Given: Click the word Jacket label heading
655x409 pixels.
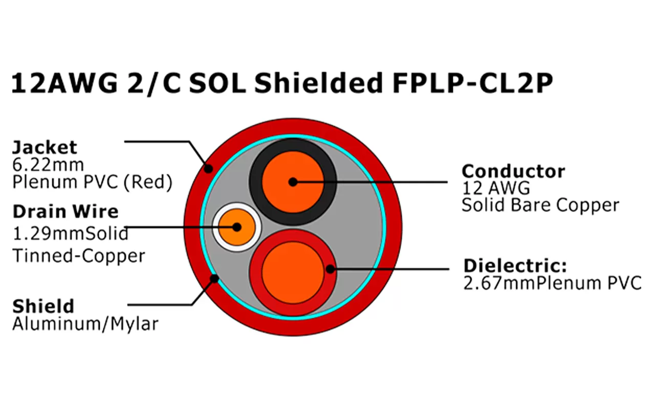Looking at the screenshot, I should (45, 148).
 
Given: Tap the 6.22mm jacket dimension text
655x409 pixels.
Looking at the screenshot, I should (48, 165).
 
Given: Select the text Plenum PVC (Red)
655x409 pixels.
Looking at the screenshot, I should (92, 182).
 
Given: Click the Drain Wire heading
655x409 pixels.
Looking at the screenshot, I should (65, 212).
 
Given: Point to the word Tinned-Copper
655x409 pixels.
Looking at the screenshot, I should (79, 256).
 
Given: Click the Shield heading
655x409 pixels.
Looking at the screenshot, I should (43, 307).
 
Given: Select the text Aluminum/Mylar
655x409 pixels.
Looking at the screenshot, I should (85, 324).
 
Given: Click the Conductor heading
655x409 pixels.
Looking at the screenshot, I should (513, 171).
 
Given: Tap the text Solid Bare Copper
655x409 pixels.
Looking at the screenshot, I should (540, 205).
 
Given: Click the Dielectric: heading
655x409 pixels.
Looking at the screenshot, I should (515, 266).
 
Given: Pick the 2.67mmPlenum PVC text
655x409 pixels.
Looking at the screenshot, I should (552, 283).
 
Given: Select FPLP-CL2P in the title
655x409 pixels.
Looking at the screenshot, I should (472, 84).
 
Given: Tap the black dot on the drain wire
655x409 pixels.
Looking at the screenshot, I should (236, 228).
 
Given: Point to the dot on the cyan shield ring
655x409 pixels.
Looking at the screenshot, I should (214, 279).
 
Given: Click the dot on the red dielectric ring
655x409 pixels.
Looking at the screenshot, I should (330, 268).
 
